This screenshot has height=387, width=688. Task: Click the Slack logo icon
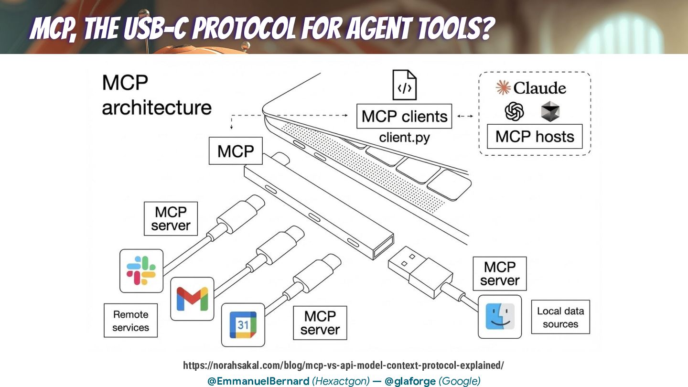pyautogui.click(x=141, y=270)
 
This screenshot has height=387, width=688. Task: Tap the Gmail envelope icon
pyautogui.click(x=192, y=299)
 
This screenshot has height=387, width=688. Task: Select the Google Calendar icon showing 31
pyautogui.click(x=243, y=325)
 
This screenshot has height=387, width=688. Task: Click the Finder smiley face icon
pyautogui.click(x=500, y=316)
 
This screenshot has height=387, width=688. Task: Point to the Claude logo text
pyautogui.click(x=531, y=88)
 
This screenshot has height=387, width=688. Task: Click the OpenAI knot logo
pyautogui.click(x=514, y=112)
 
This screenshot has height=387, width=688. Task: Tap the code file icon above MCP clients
pyautogui.click(x=404, y=86)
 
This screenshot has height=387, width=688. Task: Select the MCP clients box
pyautogui.click(x=404, y=117)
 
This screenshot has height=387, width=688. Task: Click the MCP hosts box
pyautogui.click(x=535, y=137)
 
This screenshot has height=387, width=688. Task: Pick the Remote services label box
pyautogui.click(x=130, y=321)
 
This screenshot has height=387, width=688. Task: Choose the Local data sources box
pyautogui.click(x=560, y=317)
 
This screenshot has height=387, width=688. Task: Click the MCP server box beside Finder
pyautogui.click(x=499, y=273)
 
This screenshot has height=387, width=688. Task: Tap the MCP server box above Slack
pyautogui.click(x=171, y=218)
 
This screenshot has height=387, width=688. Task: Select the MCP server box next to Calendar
pyautogui.click(x=320, y=322)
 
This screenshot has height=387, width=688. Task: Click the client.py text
pyautogui.click(x=404, y=138)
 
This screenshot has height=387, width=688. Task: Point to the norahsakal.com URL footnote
pyautogui.click(x=344, y=366)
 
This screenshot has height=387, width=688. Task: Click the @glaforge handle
pyautogui.click(x=410, y=381)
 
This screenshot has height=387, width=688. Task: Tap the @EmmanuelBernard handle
pyautogui.click(x=258, y=381)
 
